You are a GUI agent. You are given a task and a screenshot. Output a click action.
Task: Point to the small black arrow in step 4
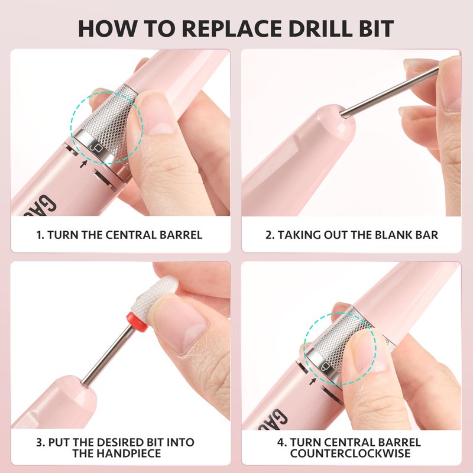313,381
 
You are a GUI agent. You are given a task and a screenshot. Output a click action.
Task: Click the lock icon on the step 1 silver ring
95,147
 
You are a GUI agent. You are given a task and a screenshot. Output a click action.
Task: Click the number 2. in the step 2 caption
270,235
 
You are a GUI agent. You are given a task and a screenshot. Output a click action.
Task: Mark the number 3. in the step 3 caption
41,442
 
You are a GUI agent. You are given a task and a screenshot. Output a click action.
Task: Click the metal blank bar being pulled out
390,91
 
